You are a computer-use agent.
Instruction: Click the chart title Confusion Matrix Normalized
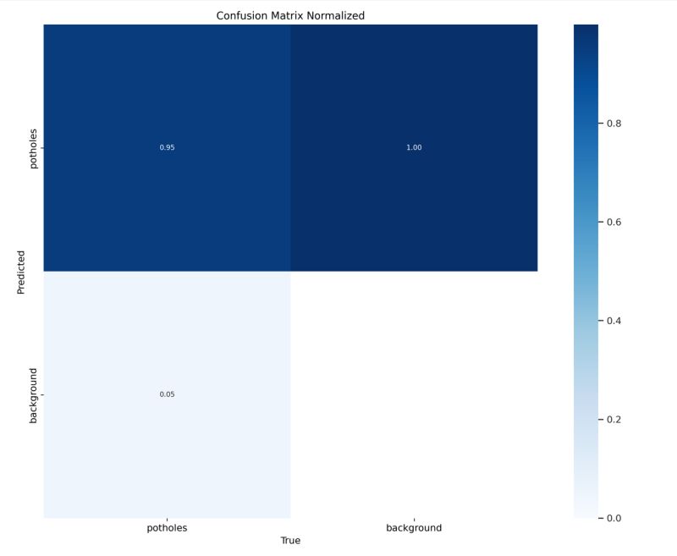click(290, 15)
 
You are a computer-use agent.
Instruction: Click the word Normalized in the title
click(337, 15)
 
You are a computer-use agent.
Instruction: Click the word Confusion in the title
click(243, 15)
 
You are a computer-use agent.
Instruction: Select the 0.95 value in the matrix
click(167, 148)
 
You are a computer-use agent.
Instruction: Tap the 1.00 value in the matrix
click(414, 148)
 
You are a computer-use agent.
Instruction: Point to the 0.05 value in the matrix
click(167, 394)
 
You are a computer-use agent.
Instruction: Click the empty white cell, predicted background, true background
click(414, 394)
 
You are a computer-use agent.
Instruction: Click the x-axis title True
click(290, 540)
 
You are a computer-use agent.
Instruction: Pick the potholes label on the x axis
click(167, 527)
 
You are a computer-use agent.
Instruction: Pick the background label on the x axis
click(414, 527)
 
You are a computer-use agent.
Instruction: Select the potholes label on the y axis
click(34, 148)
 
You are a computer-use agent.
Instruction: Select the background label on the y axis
click(34, 394)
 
